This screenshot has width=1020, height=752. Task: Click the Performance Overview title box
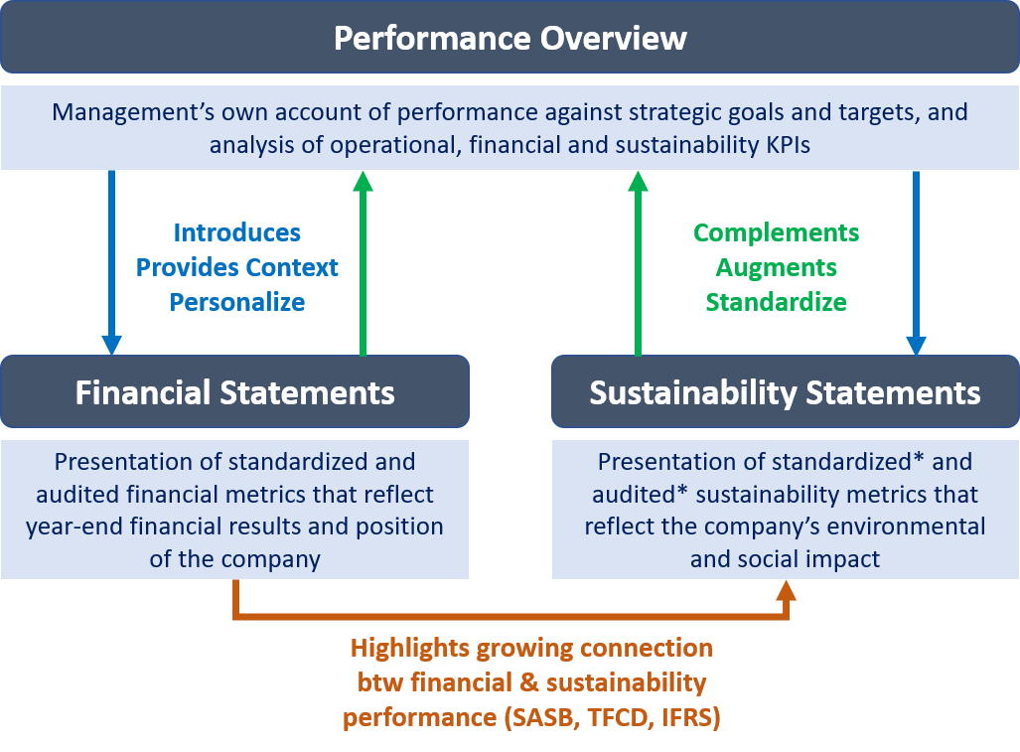510,37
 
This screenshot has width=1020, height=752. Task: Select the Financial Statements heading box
234,391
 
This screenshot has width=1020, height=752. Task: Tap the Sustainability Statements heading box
786,391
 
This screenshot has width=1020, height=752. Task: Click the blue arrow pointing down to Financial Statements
112,262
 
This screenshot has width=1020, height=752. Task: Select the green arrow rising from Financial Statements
363,263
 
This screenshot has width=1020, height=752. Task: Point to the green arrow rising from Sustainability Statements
639,263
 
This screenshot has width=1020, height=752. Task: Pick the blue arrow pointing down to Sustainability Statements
916,262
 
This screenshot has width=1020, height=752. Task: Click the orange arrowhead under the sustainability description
787,591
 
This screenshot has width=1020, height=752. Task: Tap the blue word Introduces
236,232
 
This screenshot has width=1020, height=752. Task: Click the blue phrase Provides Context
236,267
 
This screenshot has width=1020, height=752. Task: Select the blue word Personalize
236,302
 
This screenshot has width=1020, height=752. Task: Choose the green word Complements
776,232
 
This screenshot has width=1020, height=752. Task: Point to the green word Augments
776,267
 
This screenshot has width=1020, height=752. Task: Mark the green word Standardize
776,302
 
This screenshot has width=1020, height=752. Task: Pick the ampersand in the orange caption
529,682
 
